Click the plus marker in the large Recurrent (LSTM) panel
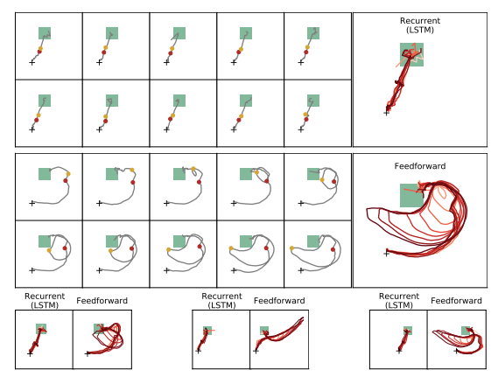pos(386,113)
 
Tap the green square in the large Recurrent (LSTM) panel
pos(411,54)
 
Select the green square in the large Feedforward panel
pos(411,195)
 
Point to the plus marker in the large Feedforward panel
pos(386,254)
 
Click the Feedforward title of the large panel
pos(420,166)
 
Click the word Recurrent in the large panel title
pos(420,21)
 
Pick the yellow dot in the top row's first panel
pos(40,48)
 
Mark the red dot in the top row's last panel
pos(306,52)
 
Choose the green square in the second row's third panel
pos(179,101)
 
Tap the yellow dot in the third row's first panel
pos(68,174)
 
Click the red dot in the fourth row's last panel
pos(333,250)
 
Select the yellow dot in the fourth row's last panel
pos(291,248)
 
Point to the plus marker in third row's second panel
pos(99,203)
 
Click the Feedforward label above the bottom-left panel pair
pos(102,301)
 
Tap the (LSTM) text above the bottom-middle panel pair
pos(221,305)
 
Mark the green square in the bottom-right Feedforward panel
pos(466,331)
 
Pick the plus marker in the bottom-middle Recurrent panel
pos(198,351)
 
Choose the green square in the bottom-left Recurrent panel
pos(41,329)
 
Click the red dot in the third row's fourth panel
pos(266,181)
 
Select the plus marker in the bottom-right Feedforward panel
pos(456,351)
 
